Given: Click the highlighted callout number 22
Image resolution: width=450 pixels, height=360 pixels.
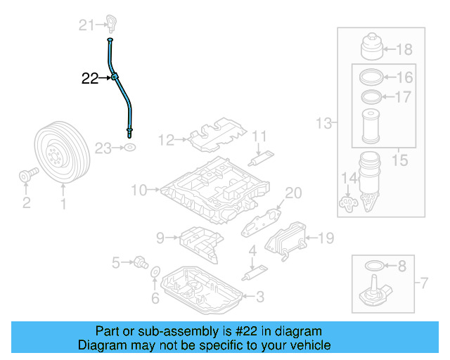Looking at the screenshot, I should click(x=90, y=79).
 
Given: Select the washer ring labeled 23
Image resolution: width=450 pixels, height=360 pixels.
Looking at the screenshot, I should click(x=130, y=148).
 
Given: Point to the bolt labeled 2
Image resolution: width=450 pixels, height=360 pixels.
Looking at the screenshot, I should click(x=26, y=174).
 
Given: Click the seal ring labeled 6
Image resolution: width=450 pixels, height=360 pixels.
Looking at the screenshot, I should click(x=156, y=273).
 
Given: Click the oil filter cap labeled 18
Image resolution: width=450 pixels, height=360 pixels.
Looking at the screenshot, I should click(x=371, y=48).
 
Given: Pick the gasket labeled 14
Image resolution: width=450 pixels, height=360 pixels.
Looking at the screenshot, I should click(x=347, y=203).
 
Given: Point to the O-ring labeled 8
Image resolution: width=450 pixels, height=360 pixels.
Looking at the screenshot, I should click(x=376, y=265).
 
